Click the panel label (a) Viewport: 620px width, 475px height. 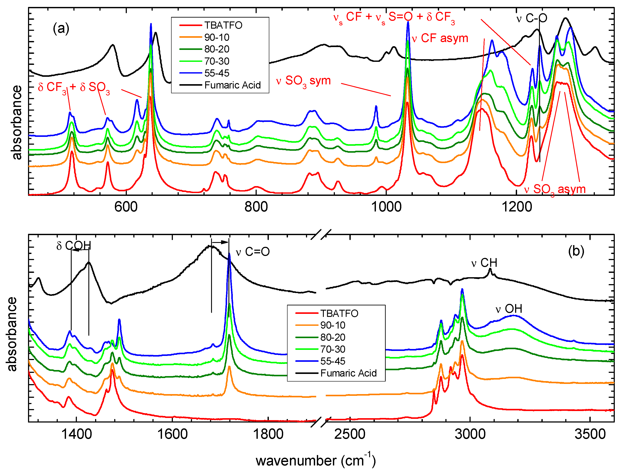[x=61, y=29]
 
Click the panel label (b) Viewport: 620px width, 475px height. [x=576, y=251]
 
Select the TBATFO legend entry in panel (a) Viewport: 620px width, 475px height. [x=223, y=25]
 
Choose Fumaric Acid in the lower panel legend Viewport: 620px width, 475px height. [x=348, y=373]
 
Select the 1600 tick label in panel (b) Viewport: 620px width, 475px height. [x=172, y=434]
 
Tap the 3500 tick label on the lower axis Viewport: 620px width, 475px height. [x=590, y=434]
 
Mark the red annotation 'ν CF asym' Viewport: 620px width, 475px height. [x=440, y=38]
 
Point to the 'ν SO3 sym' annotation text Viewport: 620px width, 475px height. [x=303, y=81]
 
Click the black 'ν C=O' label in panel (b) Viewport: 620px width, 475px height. [x=253, y=252]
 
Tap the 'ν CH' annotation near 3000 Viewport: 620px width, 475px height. [x=484, y=263]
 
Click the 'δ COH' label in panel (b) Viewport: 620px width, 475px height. [x=74, y=246]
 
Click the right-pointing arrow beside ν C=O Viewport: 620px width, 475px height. [x=220, y=242]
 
